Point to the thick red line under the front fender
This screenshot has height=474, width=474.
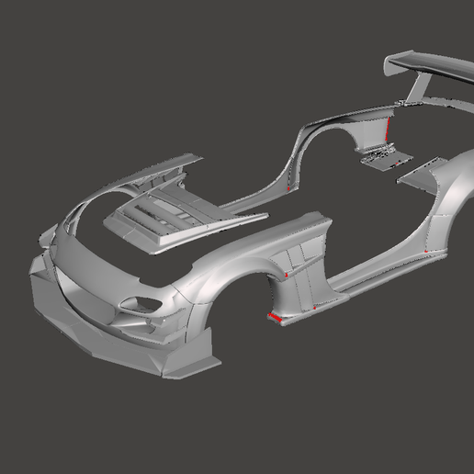point(274,317)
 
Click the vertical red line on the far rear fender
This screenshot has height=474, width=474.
point(389,129)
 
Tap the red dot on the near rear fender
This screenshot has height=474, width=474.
point(432,248)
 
